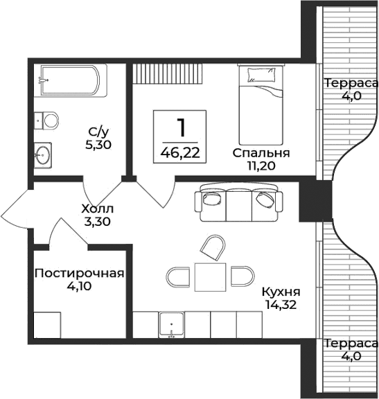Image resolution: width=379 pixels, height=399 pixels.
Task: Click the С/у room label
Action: (x=98, y=132)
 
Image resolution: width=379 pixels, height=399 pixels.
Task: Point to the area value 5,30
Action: (x=99, y=145)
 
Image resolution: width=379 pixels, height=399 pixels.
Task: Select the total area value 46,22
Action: (x=181, y=152)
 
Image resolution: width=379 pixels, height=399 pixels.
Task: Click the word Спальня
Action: (x=261, y=152)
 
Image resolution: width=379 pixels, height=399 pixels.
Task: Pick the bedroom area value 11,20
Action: (x=261, y=166)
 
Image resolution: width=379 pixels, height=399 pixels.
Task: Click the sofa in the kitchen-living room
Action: (x=238, y=202)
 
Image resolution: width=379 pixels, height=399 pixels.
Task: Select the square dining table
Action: (x=211, y=277)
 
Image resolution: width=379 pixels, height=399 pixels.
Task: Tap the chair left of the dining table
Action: (x=180, y=277)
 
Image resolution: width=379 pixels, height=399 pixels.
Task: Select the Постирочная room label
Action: (x=79, y=273)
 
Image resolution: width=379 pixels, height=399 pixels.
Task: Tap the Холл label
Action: (x=97, y=209)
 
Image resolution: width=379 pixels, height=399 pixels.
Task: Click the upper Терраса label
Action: (x=351, y=83)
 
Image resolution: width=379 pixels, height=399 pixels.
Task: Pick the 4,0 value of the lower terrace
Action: (x=351, y=356)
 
